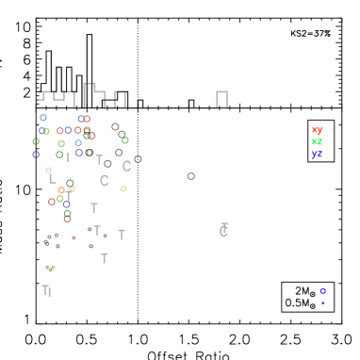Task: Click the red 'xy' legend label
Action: (x=317, y=129)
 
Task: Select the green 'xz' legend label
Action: (x=317, y=141)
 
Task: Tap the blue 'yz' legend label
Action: (x=317, y=154)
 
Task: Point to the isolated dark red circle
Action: (x=190, y=176)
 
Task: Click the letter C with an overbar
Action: (x=223, y=231)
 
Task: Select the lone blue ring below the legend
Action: (x=322, y=291)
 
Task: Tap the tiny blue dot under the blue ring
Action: (x=322, y=303)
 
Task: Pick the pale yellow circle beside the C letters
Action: (x=123, y=188)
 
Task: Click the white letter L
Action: (x=52, y=178)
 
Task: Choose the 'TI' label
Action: (x=46, y=291)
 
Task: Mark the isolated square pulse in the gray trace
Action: (x=221, y=98)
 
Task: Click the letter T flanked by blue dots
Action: (x=97, y=230)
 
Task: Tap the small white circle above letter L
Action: (x=48, y=170)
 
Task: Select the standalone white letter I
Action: (x=68, y=158)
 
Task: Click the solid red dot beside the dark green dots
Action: (x=74, y=237)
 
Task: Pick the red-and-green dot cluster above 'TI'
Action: (x=49, y=268)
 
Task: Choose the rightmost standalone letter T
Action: (x=122, y=235)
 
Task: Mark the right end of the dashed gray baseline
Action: (x=333, y=107)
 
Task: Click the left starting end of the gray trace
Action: (x=39, y=100)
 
